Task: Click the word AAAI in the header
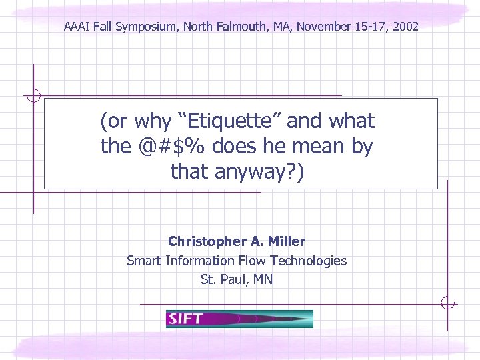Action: click(x=76, y=27)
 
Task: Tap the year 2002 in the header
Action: click(x=406, y=27)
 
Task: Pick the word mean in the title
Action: click(x=307, y=147)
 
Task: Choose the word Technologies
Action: click(x=308, y=261)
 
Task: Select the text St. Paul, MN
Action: click(x=237, y=279)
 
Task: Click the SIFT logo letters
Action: click(x=185, y=319)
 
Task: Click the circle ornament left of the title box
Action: click(x=33, y=95)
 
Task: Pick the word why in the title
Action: click(x=152, y=121)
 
